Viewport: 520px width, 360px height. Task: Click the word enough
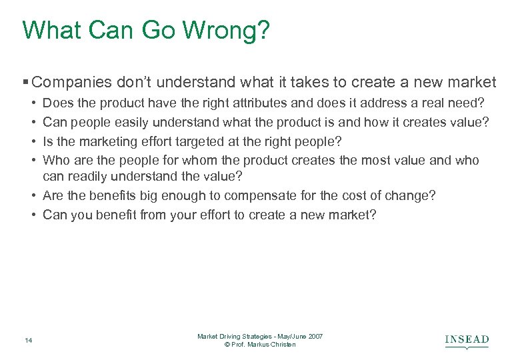pos(174,196)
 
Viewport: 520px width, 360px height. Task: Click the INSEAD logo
pos(467,341)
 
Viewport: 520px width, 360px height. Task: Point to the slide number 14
pos(28,341)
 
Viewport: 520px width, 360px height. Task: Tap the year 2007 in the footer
pos(315,337)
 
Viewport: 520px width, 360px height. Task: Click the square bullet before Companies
pos(25,83)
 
